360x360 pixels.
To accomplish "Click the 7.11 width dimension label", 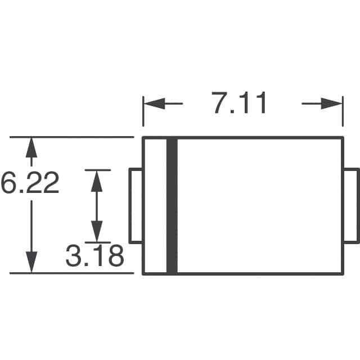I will coord(240,104).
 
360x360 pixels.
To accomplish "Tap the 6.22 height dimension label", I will coord(30,183).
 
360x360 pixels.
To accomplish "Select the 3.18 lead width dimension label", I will coord(94,257).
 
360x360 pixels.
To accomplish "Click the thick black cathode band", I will coord(172,206).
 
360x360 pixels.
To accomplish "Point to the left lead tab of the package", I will coord(136,206).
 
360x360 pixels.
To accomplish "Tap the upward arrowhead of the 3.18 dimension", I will coord(97,179).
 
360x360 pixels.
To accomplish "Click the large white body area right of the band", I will coord(259,206).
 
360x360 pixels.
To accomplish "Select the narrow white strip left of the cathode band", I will coord(155,206).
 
